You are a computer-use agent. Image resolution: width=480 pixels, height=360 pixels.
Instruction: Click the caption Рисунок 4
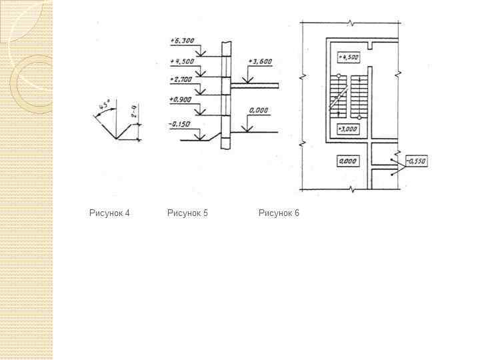(x=109, y=213)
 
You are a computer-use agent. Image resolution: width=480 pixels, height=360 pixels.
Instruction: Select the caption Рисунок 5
(x=187, y=213)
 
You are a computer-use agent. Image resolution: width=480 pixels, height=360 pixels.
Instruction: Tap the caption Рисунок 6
(x=279, y=213)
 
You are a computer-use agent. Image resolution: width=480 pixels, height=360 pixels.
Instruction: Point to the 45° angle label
(x=104, y=105)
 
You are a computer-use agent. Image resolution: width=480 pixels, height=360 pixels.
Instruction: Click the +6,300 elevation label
(x=182, y=41)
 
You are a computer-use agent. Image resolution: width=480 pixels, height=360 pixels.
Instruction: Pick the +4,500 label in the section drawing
(x=182, y=61)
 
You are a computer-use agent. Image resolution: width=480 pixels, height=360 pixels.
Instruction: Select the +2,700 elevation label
(x=181, y=79)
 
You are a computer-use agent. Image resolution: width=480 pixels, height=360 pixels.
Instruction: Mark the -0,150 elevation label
(x=181, y=123)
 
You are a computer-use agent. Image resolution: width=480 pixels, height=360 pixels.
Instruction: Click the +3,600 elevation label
(x=259, y=61)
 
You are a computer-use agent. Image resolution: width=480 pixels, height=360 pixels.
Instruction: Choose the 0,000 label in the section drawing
(x=259, y=110)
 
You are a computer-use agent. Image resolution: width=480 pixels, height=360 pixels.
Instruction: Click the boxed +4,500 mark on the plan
(x=348, y=57)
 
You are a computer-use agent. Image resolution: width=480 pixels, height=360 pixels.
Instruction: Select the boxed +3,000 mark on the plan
(x=348, y=129)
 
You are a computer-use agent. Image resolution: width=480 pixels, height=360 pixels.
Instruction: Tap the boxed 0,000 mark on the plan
(x=348, y=161)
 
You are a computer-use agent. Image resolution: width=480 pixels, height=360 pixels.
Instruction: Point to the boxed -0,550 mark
(x=416, y=161)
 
